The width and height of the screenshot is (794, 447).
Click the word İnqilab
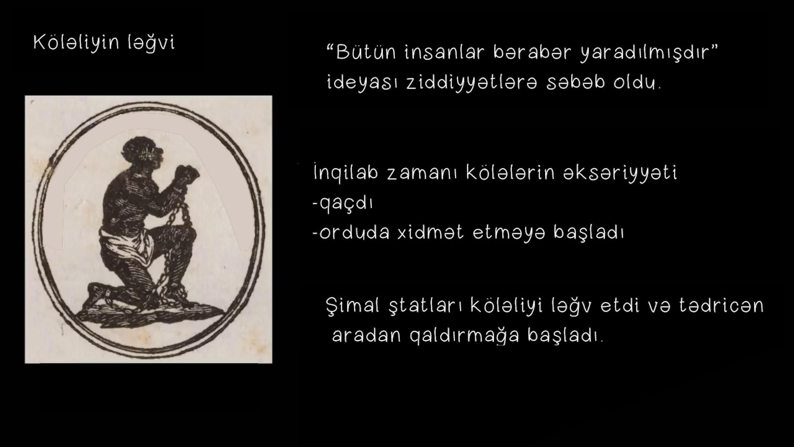tap(346, 173)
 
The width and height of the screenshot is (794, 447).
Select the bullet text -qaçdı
tap(342, 204)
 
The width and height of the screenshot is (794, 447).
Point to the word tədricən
tap(721, 305)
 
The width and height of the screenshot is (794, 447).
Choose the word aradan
tap(366, 335)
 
